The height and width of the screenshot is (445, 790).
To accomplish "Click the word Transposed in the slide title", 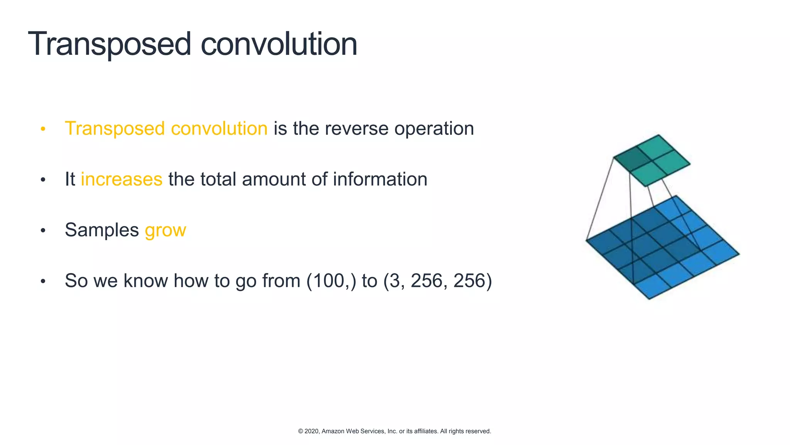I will [109, 44].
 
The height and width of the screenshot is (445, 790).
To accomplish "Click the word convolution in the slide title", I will [279, 44].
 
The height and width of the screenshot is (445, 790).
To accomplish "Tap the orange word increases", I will [122, 179].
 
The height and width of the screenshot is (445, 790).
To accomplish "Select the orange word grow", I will [165, 231].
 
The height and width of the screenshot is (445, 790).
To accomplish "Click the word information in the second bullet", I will [380, 179].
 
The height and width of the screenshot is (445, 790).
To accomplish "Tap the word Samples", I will [102, 230].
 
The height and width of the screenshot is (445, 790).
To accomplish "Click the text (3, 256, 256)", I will [437, 281].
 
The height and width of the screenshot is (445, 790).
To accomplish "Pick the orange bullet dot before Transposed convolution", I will [43, 129].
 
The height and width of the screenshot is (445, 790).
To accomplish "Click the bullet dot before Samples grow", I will [43, 231].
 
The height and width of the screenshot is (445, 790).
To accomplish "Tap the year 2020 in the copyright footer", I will [312, 431].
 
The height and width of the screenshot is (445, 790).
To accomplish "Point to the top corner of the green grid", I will [658, 135].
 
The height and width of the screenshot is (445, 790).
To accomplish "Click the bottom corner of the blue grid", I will [649, 299].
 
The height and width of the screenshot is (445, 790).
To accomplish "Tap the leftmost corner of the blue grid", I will [586, 240].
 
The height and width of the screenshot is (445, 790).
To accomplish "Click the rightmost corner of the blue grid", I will [739, 254].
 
